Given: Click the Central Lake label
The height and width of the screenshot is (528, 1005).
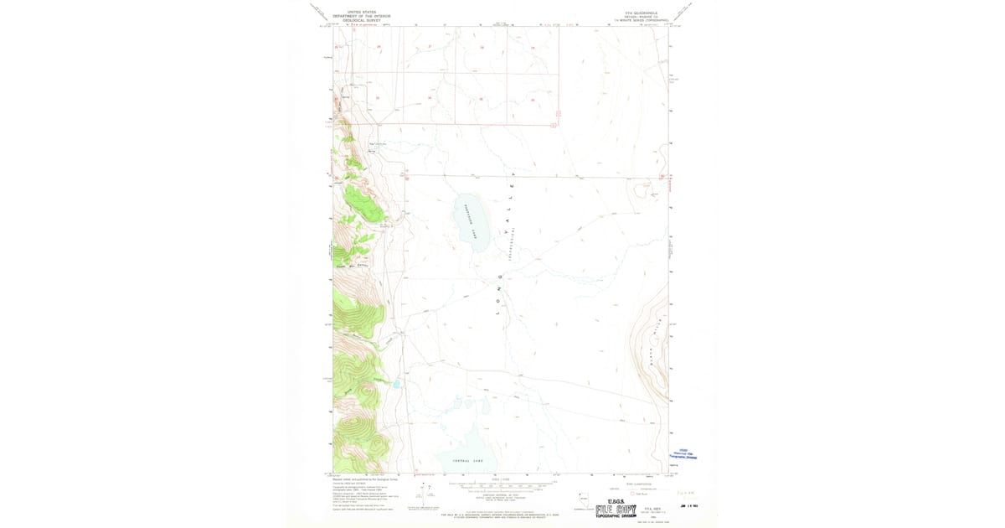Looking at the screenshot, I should tap(467, 461).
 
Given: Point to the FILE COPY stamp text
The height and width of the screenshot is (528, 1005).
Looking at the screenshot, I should tap(616, 510).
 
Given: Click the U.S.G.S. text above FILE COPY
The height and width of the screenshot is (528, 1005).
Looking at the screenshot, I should tap(616, 502).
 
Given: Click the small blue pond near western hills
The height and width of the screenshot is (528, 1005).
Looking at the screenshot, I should tap(394, 385).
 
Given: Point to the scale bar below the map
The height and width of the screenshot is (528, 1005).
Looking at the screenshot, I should tap(500, 487).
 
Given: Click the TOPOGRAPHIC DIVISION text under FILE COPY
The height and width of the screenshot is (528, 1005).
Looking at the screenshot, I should tap(616, 517).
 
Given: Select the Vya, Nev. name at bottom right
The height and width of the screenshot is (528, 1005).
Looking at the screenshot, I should tap(652, 508).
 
